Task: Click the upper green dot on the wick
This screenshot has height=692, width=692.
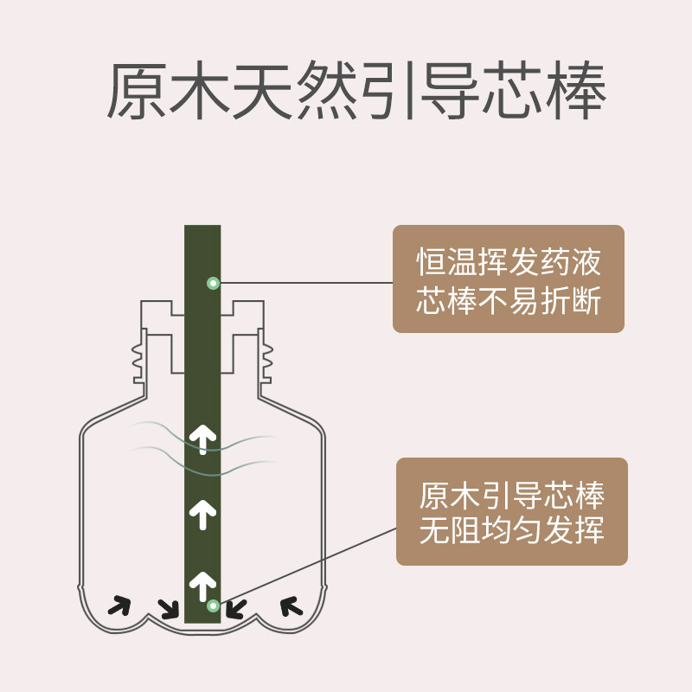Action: point(213,283)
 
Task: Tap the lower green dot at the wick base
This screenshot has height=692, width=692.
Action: point(213,605)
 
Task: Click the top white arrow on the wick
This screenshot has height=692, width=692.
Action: point(203,439)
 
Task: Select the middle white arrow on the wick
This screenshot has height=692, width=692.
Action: point(203,515)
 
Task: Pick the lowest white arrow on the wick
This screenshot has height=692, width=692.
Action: point(203,586)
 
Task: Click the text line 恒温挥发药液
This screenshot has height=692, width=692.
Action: point(509,261)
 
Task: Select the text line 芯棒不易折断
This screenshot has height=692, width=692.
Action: point(509,302)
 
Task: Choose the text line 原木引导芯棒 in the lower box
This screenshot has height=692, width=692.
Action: point(512,496)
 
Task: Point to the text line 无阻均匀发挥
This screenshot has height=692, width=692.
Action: point(512,530)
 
